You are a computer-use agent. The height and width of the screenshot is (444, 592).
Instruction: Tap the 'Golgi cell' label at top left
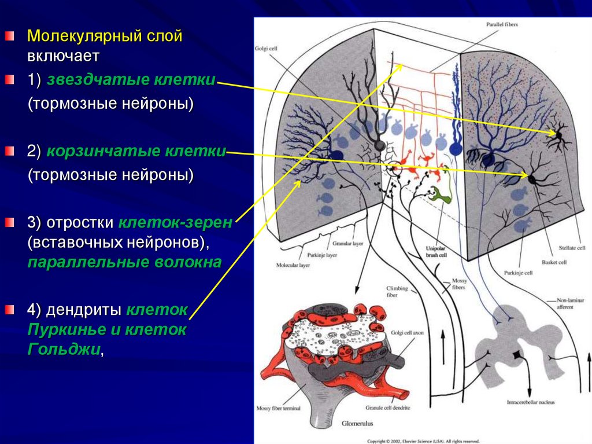(x=267, y=49)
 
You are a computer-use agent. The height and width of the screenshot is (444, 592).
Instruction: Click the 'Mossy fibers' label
(x=458, y=284)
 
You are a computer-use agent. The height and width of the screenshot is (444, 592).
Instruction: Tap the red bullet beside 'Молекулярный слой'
(x=9, y=36)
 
